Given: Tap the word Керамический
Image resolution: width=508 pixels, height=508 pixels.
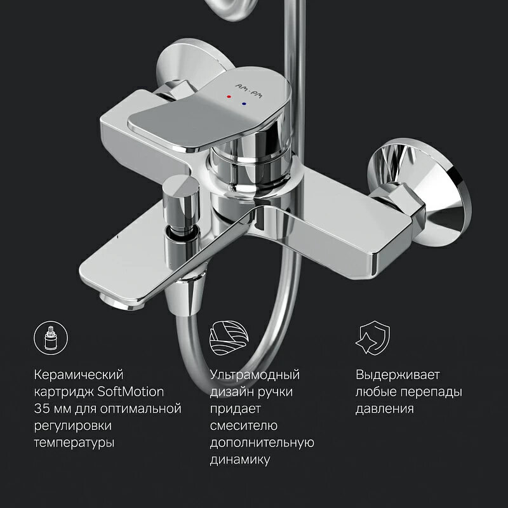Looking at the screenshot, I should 79,374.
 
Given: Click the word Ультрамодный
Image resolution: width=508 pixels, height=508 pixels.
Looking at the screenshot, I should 255,374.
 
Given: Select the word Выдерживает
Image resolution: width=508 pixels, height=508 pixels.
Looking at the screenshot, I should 398,374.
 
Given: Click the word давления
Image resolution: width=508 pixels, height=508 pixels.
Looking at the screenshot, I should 385,408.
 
